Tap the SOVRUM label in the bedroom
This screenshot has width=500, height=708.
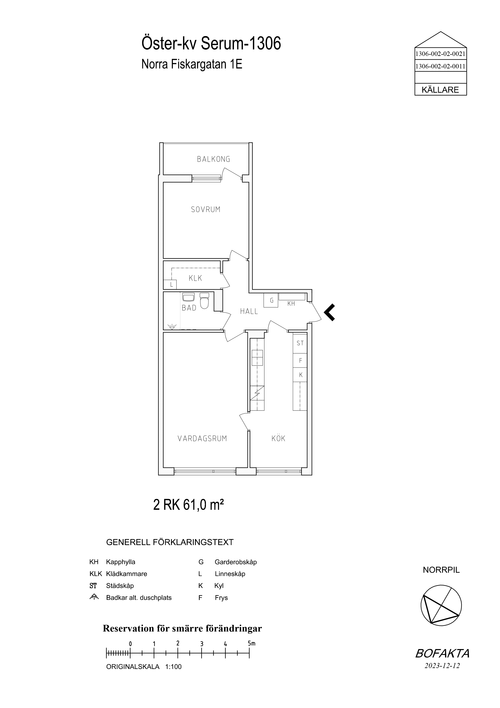point(206,210)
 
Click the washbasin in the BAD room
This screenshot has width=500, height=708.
point(188,297)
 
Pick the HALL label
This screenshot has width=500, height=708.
point(249,311)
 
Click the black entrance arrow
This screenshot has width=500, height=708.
point(329,312)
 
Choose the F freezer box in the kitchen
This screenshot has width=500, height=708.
point(300,360)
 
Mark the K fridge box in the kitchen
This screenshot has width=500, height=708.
point(300,375)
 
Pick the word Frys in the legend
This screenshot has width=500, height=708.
point(221,598)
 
